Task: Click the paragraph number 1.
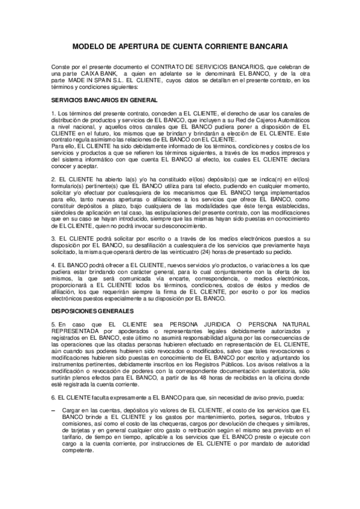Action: coord(53,113)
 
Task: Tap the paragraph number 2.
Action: coord(53,179)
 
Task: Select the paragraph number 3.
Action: coord(53,238)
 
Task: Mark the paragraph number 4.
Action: coord(53,265)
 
